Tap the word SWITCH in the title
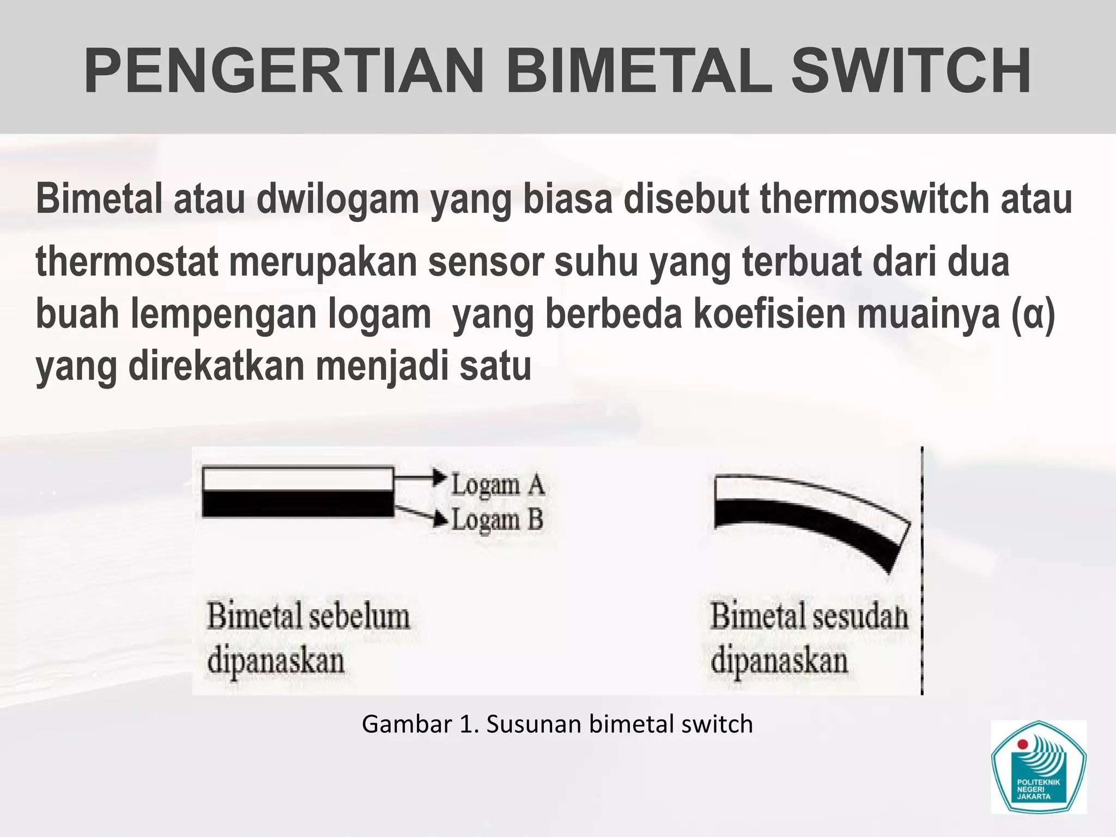[911, 71]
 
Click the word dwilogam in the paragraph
[337, 199]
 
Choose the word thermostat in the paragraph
[127, 262]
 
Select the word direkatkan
[216, 366]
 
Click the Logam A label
[498, 484]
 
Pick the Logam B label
[497, 519]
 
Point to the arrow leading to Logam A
[420, 477]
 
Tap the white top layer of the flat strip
[298, 479]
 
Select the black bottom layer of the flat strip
[298, 504]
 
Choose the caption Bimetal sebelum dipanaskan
[308, 638]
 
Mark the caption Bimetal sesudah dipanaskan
[809, 638]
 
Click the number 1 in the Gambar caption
[466, 724]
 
